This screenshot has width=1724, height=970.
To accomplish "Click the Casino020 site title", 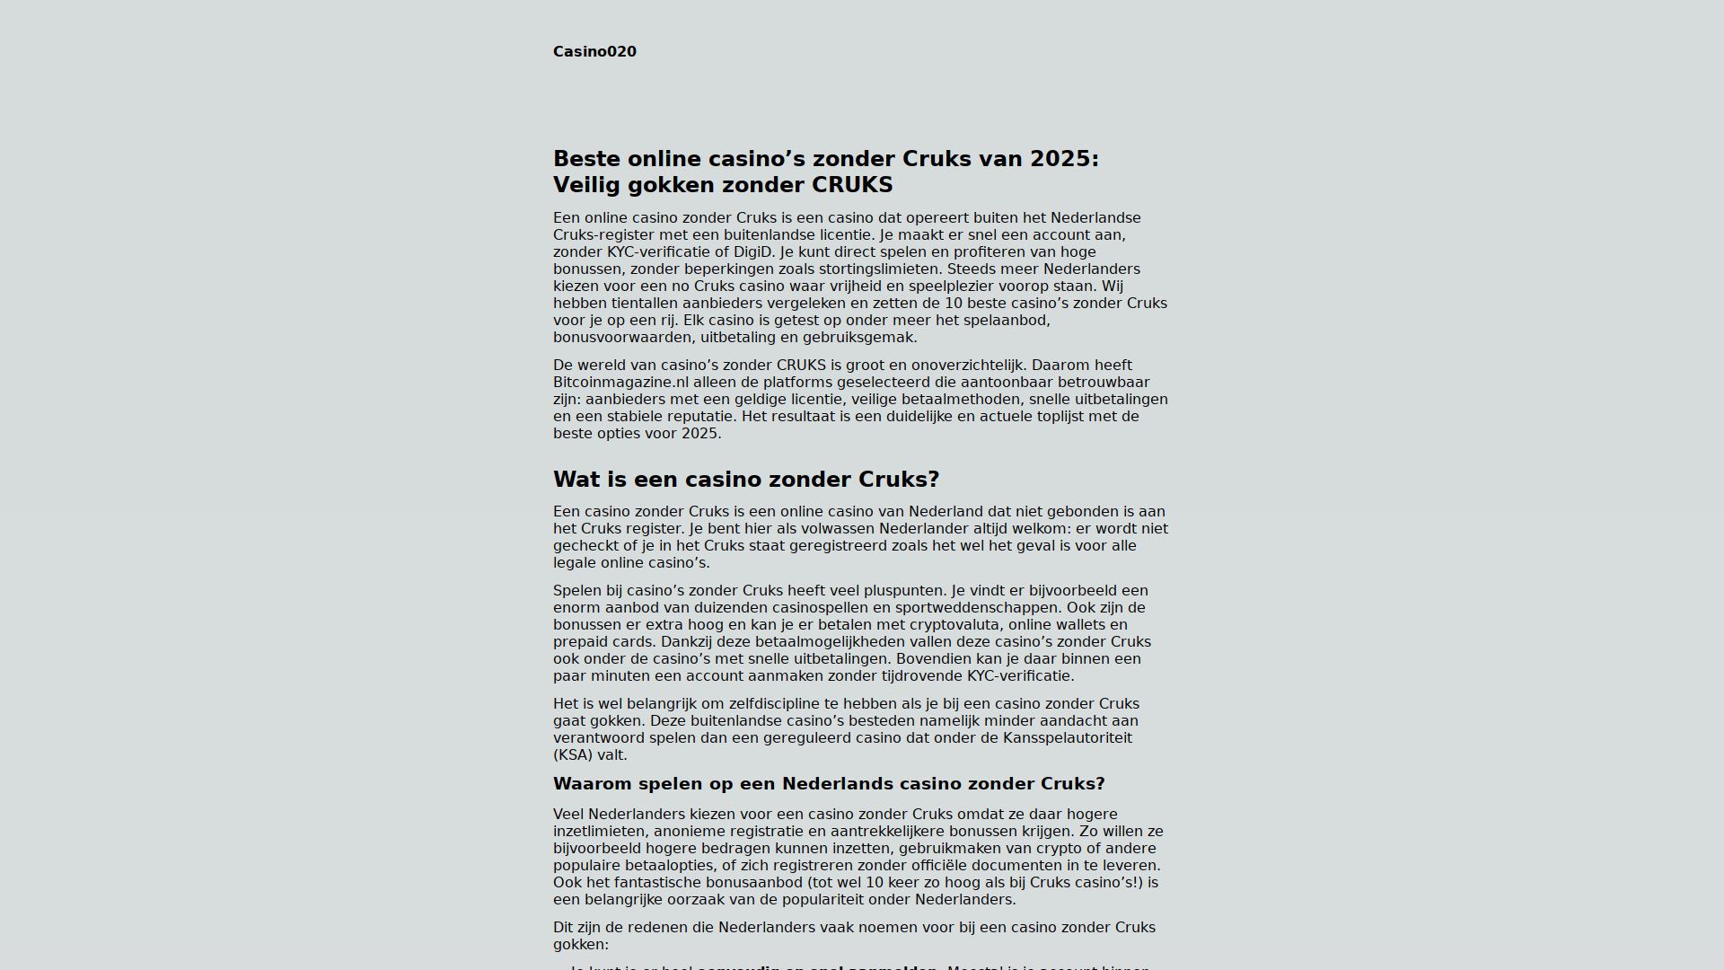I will pos(594,52).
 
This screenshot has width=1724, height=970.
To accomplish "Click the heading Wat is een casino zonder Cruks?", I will pos(745,480).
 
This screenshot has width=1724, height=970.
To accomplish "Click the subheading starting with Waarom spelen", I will pos(828,784).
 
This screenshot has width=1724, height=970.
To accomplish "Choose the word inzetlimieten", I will pos(599,832).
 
